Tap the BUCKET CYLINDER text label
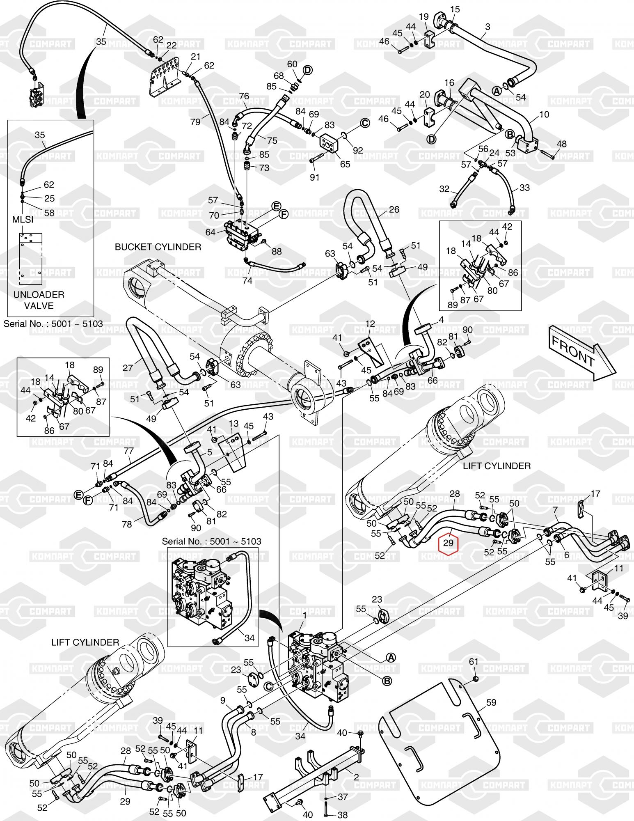pyautogui.click(x=158, y=247)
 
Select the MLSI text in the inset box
pyautogui.click(x=23, y=220)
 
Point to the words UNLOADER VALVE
pyautogui.click(x=39, y=300)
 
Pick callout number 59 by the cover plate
pyautogui.click(x=491, y=702)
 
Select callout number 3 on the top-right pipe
pyautogui.click(x=488, y=27)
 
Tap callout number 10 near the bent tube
pyautogui.click(x=544, y=114)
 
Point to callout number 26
pyautogui.click(x=394, y=209)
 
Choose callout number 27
pyautogui.click(x=128, y=367)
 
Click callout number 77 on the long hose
pyautogui.click(x=128, y=451)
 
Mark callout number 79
pyautogui.click(x=195, y=122)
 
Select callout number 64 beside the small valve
pyautogui.click(x=211, y=232)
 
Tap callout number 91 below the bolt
pyautogui.click(x=314, y=178)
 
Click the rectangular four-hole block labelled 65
pyautogui.click(x=328, y=144)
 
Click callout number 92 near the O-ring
pyautogui.click(x=358, y=150)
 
